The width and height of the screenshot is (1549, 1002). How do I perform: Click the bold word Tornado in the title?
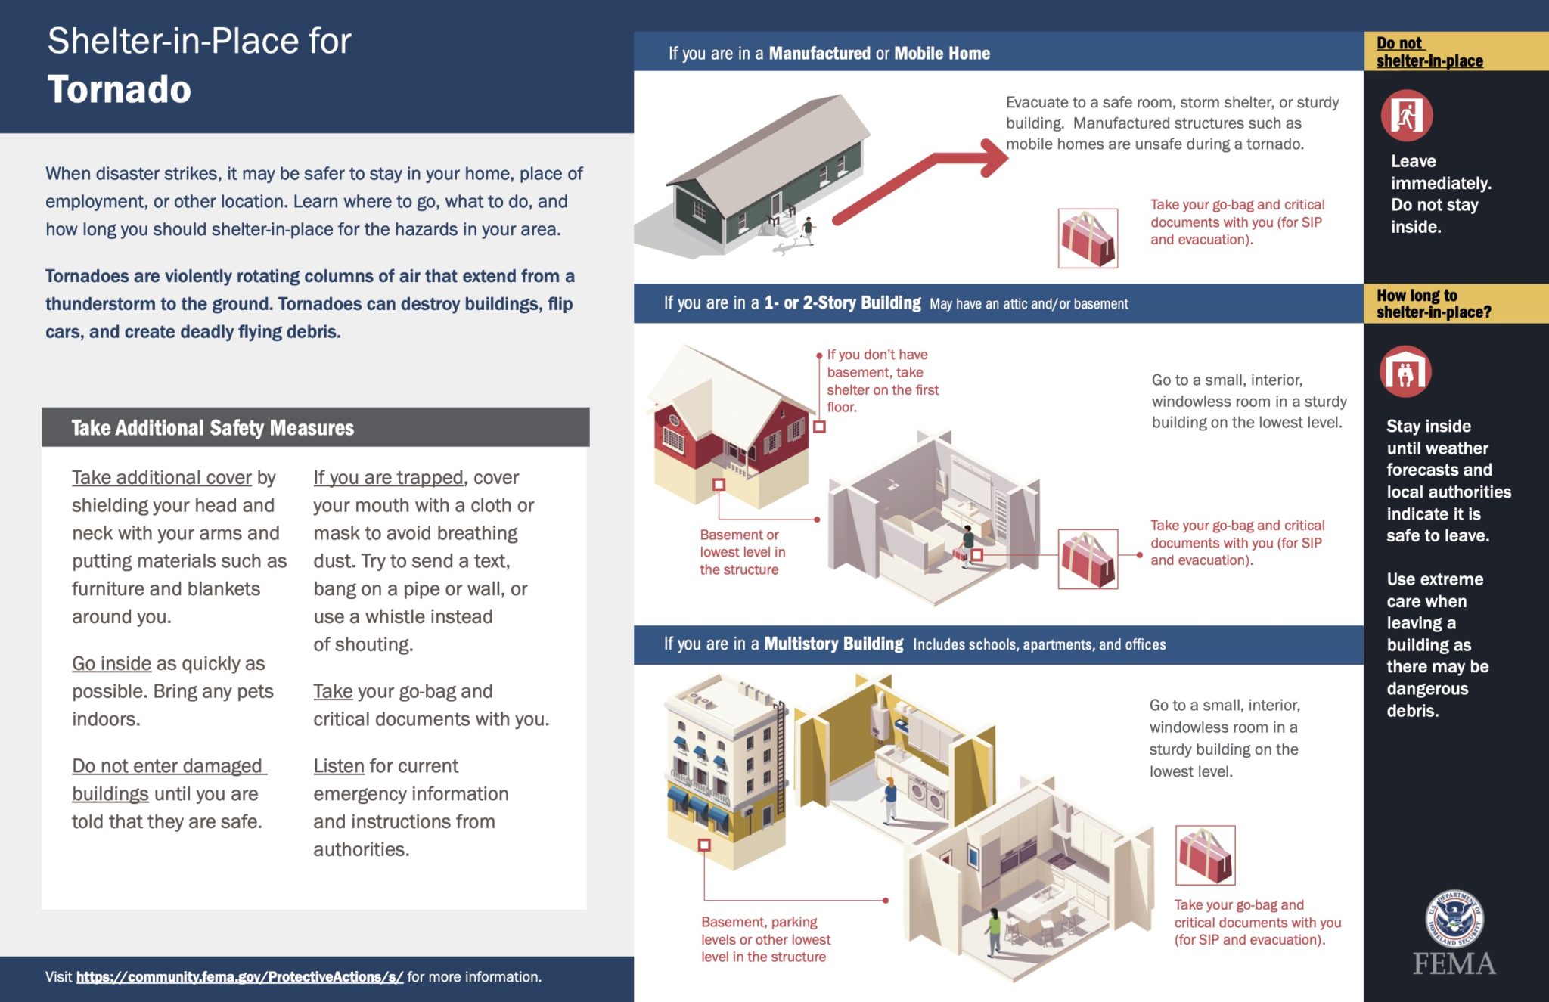click(120, 90)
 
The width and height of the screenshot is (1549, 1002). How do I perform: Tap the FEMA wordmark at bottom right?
click(1454, 964)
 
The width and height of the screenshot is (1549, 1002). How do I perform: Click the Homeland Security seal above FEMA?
click(1454, 918)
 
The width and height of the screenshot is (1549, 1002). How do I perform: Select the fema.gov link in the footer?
click(239, 977)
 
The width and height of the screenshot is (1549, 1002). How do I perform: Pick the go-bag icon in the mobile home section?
click(1088, 238)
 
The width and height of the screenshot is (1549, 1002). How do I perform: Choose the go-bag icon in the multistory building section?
click(1205, 855)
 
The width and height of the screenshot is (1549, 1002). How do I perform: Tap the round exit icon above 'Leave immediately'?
click(1407, 116)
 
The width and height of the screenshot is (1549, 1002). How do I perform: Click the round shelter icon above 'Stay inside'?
click(1405, 372)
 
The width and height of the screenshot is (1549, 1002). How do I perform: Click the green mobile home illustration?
click(764, 174)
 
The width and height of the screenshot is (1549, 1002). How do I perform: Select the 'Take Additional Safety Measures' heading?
click(213, 428)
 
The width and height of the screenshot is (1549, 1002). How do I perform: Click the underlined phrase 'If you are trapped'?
click(388, 478)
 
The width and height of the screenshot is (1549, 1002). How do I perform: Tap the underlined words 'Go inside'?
click(111, 664)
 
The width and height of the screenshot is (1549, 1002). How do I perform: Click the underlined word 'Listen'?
click(339, 766)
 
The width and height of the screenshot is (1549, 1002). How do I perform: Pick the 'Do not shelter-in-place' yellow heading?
click(1429, 52)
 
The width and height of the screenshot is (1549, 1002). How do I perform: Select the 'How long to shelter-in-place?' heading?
click(1433, 304)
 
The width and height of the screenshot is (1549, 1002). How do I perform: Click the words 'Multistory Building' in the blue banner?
click(833, 644)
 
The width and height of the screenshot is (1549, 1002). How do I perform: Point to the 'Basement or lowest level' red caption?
click(742, 552)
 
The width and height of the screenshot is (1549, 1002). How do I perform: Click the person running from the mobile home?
click(808, 230)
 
